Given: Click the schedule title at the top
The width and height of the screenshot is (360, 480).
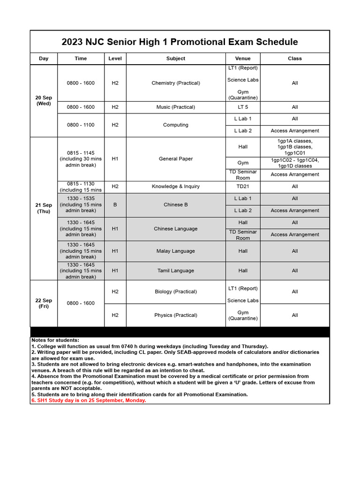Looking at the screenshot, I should click(x=180, y=42).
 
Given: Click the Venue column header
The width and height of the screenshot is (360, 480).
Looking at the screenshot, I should click(x=242, y=59).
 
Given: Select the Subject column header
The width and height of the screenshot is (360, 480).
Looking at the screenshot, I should click(x=175, y=59).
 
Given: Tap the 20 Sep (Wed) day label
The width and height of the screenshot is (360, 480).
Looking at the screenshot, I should click(x=44, y=101).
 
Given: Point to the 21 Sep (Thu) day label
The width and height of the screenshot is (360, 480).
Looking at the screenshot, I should click(x=44, y=208).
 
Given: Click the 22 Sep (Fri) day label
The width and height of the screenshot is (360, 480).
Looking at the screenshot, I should click(x=44, y=303).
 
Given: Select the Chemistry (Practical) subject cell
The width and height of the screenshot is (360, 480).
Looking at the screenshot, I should click(x=175, y=83).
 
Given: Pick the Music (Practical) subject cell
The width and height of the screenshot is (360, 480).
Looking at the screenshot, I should click(x=175, y=107).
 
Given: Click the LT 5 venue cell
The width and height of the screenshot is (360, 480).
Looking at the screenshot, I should click(x=242, y=107).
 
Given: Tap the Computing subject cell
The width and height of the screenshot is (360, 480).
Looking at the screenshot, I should click(x=175, y=125).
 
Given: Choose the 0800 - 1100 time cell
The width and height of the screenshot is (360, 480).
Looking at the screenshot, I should click(x=81, y=125).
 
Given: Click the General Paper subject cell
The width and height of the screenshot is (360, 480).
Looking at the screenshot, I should click(x=175, y=159).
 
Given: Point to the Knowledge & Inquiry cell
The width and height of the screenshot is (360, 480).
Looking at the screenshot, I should click(x=175, y=187).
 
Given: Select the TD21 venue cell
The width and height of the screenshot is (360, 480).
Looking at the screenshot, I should click(x=242, y=187).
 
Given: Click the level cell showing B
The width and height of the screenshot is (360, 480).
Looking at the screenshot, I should click(x=115, y=205).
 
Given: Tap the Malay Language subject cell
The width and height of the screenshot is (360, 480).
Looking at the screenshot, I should click(x=175, y=251).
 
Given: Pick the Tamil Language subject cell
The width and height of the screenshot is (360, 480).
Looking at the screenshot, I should click(x=175, y=271).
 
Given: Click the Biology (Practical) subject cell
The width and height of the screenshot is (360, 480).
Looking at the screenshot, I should click(x=175, y=292).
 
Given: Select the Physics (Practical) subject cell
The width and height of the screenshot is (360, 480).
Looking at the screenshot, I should click(x=175, y=315).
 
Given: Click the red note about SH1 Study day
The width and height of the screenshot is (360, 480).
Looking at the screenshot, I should click(x=89, y=401).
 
